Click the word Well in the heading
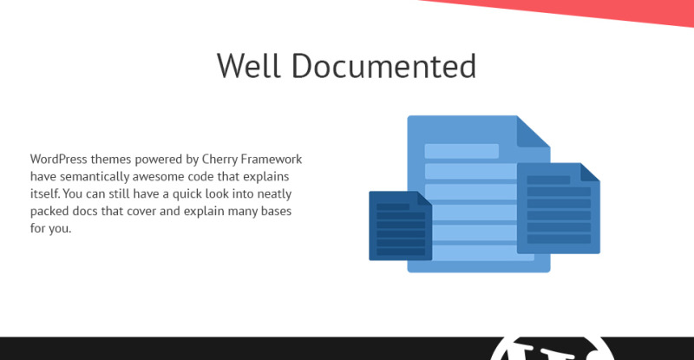[x=248, y=66]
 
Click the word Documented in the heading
[x=383, y=66]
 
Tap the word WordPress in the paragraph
[x=59, y=159]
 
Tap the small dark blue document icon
[x=401, y=226]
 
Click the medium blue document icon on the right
[x=559, y=208]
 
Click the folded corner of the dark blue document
[x=423, y=199]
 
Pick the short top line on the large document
[x=462, y=151]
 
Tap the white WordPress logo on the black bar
[x=552, y=349]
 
